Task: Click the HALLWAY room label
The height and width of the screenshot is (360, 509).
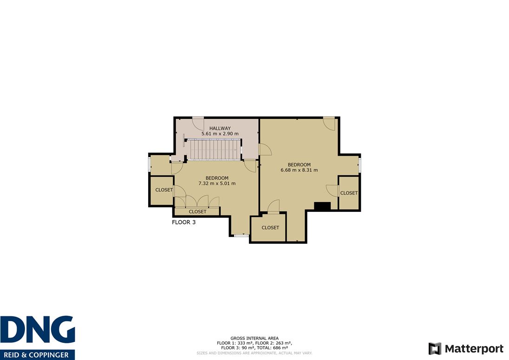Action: (x=220, y=128)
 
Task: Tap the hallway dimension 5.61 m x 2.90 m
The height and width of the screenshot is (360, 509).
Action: (x=220, y=133)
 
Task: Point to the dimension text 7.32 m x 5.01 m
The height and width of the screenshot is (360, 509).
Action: (x=217, y=183)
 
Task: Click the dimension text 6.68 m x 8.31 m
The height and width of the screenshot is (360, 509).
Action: (x=299, y=170)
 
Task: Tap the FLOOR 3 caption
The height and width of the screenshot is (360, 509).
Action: (x=184, y=223)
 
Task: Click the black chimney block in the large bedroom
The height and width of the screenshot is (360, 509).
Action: (x=322, y=206)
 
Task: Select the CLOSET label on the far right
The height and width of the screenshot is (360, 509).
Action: (x=349, y=193)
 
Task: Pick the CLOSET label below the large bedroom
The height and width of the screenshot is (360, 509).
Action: (x=270, y=228)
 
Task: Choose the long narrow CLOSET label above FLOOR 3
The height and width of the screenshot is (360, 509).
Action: (x=197, y=212)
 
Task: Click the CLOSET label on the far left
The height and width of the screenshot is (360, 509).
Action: (x=164, y=190)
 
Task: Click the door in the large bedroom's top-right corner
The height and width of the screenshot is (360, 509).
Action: (x=329, y=124)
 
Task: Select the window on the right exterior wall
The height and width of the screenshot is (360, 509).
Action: (x=359, y=164)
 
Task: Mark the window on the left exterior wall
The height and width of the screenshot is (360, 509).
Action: (x=150, y=164)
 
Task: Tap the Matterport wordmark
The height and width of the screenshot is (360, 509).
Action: (x=474, y=349)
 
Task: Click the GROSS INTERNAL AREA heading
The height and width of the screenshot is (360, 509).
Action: (x=254, y=338)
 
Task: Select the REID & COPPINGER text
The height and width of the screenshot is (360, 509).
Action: (x=36, y=355)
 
